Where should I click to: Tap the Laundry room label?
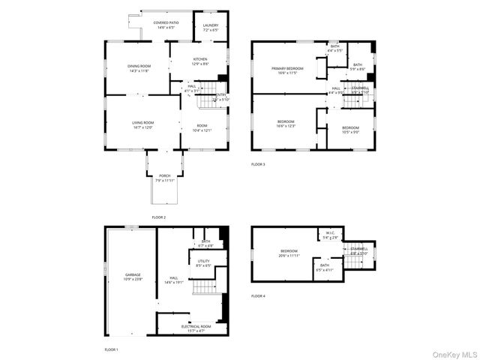pyautogui.click(x=211, y=27)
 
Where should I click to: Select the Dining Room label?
pyautogui.click(x=139, y=68)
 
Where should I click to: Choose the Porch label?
pyautogui.click(x=164, y=178)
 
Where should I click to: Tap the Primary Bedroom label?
pyautogui.click(x=289, y=70)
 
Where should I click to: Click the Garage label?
pyautogui.click(x=133, y=277)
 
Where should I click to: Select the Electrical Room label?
pyautogui.click(x=196, y=328)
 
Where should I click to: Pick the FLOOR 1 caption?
pyautogui.click(x=111, y=349)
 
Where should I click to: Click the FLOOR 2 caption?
pyautogui.click(x=158, y=217)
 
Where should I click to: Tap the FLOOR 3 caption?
pyautogui.click(x=258, y=164)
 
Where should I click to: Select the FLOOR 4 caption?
pyautogui.click(x=258, y=296)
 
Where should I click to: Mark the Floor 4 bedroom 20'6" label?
pyautogui.click(x=289, y=253)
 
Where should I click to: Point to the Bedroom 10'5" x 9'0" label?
pyautogui.click(x=350, y=130)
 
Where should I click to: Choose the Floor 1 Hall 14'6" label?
pyautogui.click(x=173, y=280)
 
